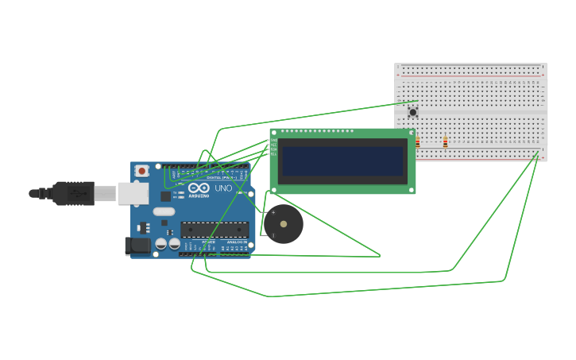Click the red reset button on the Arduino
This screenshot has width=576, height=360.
pos(141,170)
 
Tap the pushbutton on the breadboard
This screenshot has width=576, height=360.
pos(412,112)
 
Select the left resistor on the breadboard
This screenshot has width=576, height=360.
pos(417,141)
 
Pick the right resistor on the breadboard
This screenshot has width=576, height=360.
pos(445,141)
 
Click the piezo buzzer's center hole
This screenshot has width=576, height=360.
pos(284,224)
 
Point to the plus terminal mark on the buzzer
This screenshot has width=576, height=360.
pos(273,212)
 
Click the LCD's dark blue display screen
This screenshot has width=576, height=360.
pos(342,161)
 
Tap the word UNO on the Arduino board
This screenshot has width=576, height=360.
pos(223,188)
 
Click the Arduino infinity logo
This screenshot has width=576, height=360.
pos(199,188)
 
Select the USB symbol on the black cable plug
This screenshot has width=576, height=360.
pos(77,192)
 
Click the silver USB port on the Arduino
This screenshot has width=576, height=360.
pos(133,193)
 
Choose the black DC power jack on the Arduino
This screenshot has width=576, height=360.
pos(137,246)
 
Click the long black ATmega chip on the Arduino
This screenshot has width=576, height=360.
pos(215,230)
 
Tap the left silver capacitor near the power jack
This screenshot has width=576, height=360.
pos(161,244)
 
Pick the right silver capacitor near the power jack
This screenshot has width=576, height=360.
pos(174,244)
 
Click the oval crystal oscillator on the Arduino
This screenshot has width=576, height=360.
pos(164,211)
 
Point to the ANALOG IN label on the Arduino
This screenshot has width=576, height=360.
pos(236,242)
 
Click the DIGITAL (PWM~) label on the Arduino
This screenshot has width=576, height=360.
pos(218,177)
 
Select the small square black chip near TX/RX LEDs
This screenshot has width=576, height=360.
pos(166,195)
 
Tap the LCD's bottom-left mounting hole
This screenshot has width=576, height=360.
pos(275,190)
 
